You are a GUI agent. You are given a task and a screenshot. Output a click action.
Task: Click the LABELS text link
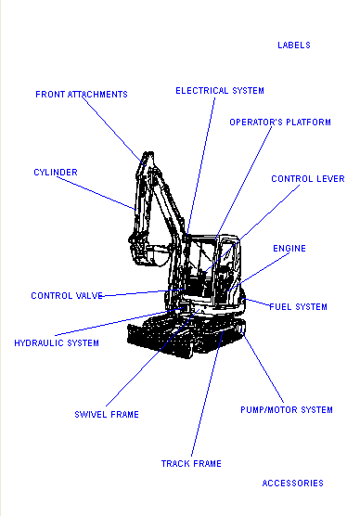point(294,45)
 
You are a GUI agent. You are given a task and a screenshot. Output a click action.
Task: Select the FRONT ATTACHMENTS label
point(82,95)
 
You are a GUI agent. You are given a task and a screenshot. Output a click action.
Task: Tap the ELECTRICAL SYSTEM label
point(220,91)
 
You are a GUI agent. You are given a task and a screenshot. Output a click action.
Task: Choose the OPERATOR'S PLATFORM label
point(280,123)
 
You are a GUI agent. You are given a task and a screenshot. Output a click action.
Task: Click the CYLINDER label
point(56,173)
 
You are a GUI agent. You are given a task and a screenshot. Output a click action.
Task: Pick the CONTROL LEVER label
point(308,179)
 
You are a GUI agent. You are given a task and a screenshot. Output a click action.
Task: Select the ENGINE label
point(289,249)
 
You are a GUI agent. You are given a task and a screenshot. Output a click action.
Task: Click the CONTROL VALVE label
point(67,296)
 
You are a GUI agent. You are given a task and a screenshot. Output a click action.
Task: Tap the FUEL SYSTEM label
point(299,307)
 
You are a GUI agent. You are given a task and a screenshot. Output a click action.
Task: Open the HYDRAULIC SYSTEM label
point(57,343)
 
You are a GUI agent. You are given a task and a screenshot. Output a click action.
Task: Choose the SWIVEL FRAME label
point(107,415)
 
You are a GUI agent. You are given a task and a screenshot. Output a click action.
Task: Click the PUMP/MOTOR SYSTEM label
point(287,410)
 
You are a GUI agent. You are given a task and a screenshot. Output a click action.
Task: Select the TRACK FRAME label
point(191,464)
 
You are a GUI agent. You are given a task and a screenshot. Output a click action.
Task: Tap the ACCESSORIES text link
point(293,484)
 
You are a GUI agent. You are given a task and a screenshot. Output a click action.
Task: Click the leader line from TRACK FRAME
point(207,394)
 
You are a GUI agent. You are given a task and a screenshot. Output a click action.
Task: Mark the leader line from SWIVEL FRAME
point(152,358)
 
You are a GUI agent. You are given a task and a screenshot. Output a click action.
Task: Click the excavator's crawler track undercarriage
point(186,336)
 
